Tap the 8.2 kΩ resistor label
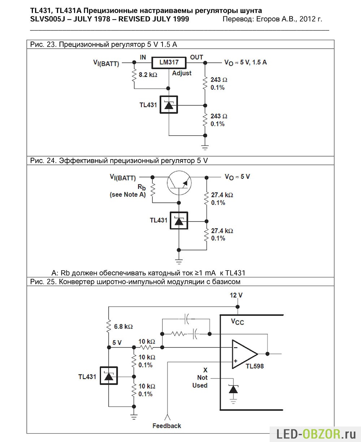click(148, 75)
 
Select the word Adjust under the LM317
click(182, 73)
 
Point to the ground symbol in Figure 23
click(205, 147)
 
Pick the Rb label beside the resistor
click(142, 187)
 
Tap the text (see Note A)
click(128, 195)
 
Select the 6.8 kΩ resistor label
click(123, 326)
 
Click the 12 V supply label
click(236, 295)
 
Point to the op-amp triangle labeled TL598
click(245, 354)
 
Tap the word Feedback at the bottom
click(167, 426)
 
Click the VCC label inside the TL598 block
click(238, 322)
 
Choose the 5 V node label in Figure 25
click(117, 342)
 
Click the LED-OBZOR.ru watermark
click(316, 434)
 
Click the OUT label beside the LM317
click(196, 57)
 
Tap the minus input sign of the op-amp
click(235, 348)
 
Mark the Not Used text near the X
click(200, 381)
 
